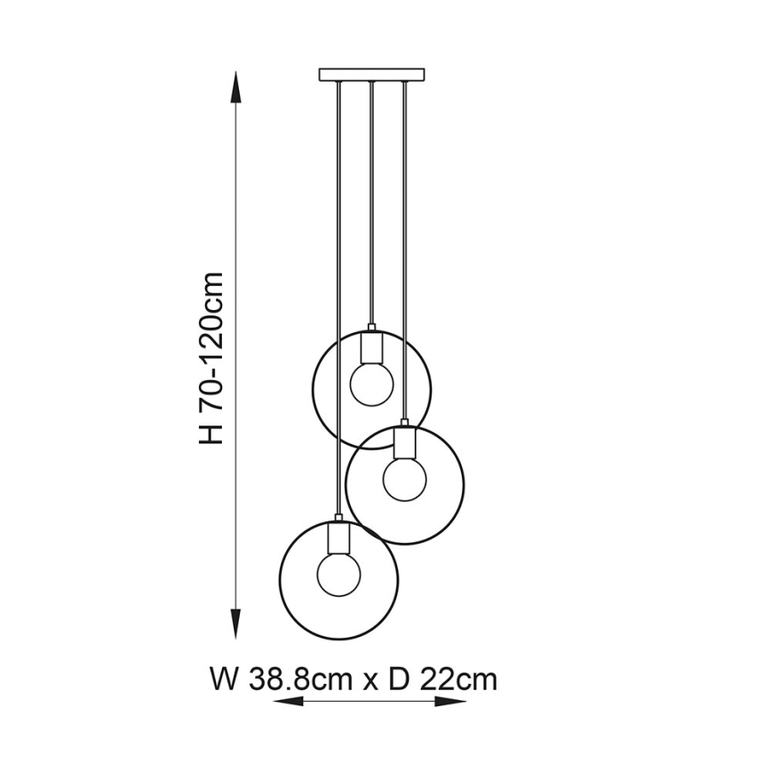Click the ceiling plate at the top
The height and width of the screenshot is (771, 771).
click(x=371, y=74)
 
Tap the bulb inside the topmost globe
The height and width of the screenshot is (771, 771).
click(x=371, y=383)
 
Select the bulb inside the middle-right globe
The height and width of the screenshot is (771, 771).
click(x=404, y=479)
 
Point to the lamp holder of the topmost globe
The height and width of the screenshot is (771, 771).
click(x=371, y=346)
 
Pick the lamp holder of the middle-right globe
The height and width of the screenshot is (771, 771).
click(x=404, y=441)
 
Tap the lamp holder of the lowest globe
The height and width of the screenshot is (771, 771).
click(x=338, y=535)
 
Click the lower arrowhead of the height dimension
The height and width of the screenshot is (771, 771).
click(x=235, y=619)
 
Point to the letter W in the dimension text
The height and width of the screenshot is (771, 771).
click(x=223, y=680)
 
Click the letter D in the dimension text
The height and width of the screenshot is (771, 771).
click(x=398, y=680)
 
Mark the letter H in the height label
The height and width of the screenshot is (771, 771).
click(x=211, y=434)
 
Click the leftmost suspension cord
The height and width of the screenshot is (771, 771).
click(x=338, y=266)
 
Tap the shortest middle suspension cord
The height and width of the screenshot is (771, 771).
click(x=371, y=204)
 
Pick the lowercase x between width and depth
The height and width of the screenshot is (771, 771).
click(x=370, y=682)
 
